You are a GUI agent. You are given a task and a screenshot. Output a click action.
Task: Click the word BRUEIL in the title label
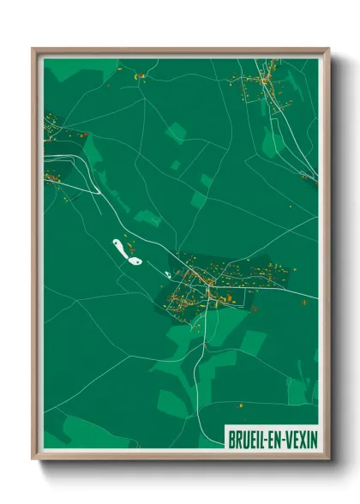point(247,437)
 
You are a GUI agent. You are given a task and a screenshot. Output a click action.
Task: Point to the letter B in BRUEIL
point(231,437)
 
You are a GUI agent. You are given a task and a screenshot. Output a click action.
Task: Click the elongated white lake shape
point(120,249)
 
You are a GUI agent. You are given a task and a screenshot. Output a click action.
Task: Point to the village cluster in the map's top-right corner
point(261,86)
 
